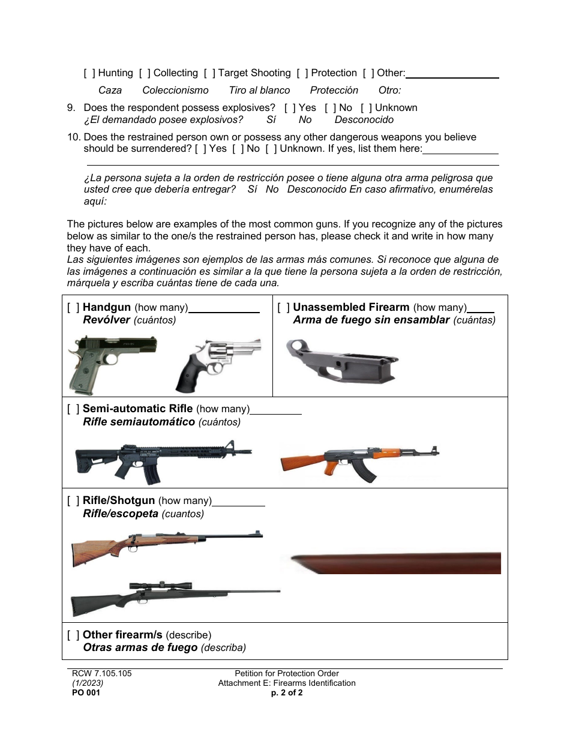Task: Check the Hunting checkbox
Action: tap(89, 73)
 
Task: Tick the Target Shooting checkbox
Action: tap(209, 73)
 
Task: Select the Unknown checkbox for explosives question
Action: tap(366, 108)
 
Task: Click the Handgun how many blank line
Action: tap(224, 309)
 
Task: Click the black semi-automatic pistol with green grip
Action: tap(112, 363)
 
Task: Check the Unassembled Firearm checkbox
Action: tap(283, 308)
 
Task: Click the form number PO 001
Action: tap(86, 692)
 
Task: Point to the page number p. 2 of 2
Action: tap(287, 692)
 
